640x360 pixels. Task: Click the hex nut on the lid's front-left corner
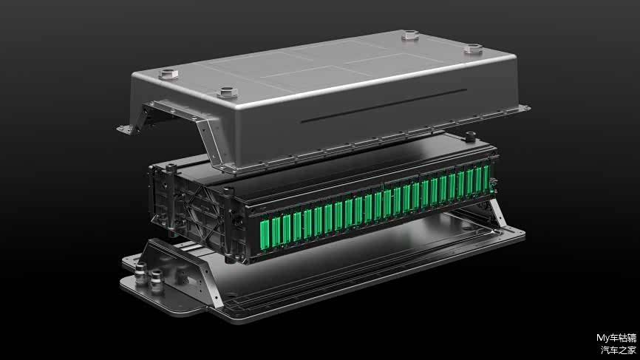click(168, 74)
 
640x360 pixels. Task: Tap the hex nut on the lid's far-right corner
click(474, 50)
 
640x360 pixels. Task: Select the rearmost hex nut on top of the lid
click(410, 35)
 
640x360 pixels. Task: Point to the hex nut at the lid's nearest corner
click(228, 92)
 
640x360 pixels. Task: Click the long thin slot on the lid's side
click(384, 106)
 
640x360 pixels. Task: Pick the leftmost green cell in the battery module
click(265, 233)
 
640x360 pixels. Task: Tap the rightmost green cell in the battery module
click(486, 178)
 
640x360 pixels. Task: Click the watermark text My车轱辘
click(616, 338)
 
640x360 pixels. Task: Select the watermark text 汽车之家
click(619, 350)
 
